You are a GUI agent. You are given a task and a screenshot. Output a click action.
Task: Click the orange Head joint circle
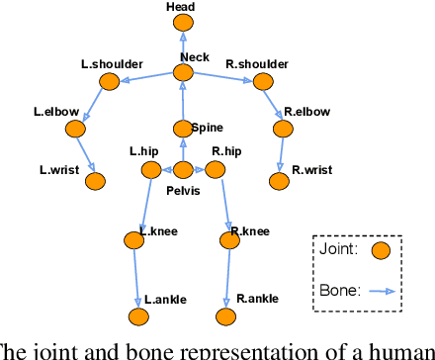182,24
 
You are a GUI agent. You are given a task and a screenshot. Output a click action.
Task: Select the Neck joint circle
183,73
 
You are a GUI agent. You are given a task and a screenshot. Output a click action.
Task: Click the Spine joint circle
182,128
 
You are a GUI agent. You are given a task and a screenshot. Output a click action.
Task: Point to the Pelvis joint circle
182,170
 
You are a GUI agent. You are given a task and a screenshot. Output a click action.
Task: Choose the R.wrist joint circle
280,181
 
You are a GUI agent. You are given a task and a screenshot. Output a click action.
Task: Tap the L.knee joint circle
134,239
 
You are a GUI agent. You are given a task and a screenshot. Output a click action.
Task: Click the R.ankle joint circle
226,317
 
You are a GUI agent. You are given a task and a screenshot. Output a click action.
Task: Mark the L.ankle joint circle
137,317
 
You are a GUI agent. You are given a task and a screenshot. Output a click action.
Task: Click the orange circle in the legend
380,251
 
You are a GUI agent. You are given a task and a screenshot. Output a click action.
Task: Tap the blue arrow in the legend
381,292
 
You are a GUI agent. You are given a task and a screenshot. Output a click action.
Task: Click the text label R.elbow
302,112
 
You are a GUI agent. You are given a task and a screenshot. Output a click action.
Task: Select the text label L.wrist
57,169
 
